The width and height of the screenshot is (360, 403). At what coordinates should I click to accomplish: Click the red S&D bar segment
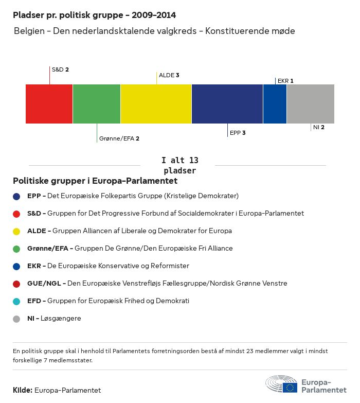[x=49, y=104]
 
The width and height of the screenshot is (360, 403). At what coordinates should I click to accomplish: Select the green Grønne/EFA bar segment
[x=97, y=104]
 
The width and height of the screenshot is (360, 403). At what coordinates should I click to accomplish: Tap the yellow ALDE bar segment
[x=156, y=104]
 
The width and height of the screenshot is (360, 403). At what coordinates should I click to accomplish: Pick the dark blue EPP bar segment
[x=227, y=104]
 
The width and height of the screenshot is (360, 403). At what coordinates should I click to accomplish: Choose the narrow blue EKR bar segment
[x=275, y=104]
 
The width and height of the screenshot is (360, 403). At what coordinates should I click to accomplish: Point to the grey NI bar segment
[x=310, y=104]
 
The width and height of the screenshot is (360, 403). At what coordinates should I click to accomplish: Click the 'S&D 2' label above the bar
[x=60, y=69]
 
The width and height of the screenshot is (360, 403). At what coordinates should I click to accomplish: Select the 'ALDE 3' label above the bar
[x=169, y=75]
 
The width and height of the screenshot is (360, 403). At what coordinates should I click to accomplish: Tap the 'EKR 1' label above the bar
[x=285, y=81]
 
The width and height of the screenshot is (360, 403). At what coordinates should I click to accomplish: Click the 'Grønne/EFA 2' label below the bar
[x=119, y=138]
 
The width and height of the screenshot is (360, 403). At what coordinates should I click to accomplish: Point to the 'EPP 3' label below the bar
[x=237, y=133]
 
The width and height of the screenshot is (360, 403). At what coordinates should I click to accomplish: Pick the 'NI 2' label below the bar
[x=318, y=127]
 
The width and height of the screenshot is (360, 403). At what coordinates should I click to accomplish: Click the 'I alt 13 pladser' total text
[x=179, y=165]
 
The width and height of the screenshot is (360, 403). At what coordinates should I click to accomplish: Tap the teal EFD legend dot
[x=16, y=301]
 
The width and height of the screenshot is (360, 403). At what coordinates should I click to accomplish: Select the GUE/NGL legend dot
[x=16, y=284]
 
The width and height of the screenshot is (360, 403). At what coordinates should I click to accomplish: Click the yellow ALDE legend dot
[x=16, y=231]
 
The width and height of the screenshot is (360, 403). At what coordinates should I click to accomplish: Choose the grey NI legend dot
[x=16, y=319]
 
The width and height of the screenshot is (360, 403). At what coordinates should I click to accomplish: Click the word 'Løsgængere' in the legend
[x=64, y=319]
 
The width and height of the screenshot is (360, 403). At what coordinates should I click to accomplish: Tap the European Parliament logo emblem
[x=281, y=384]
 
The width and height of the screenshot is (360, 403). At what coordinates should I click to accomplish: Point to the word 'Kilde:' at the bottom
[x=23, y=390]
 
